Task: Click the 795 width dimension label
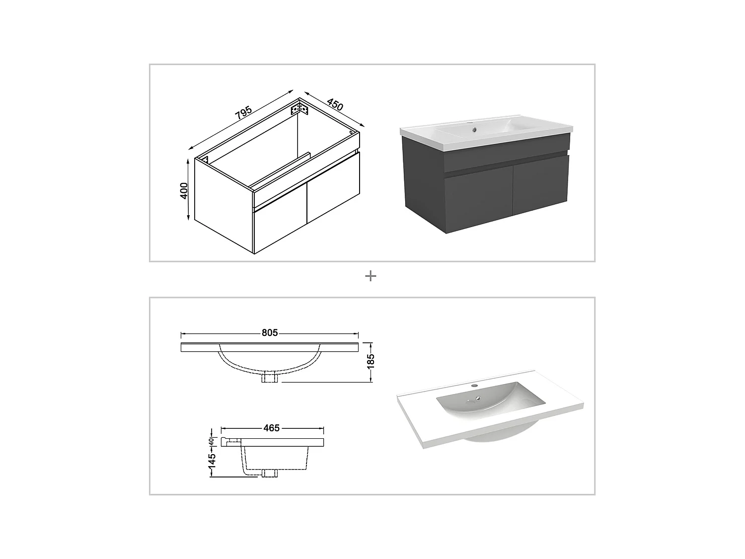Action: [243, 114]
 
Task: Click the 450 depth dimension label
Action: [335, 105]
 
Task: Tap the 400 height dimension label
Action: [184, 190]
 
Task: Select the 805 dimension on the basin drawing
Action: [270, 333]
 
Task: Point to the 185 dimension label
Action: [371, 361]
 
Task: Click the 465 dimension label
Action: [272, 428]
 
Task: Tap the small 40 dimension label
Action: [212, 441]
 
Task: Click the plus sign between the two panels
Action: [371, 276]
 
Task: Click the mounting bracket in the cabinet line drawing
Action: [299, 109]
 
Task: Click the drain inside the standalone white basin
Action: [478, 398]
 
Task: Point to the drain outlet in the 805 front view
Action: [271, 378]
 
